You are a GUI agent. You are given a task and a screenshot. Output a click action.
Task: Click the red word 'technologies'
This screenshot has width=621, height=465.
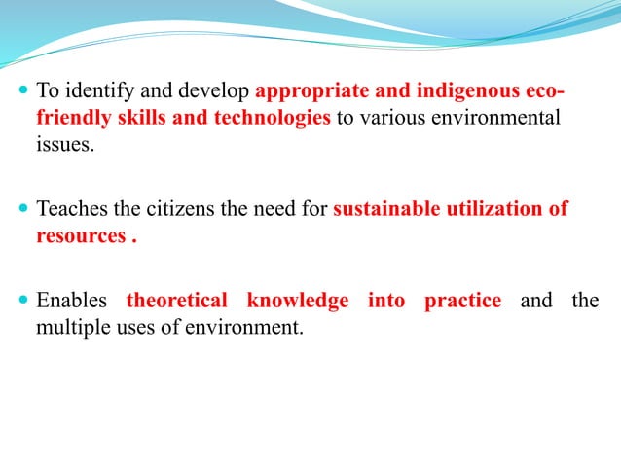[267, 119]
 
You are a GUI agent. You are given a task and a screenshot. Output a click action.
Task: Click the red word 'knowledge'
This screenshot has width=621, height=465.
[297, 300]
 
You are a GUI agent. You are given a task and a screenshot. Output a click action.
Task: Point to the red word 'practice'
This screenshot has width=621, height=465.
[462, 300]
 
